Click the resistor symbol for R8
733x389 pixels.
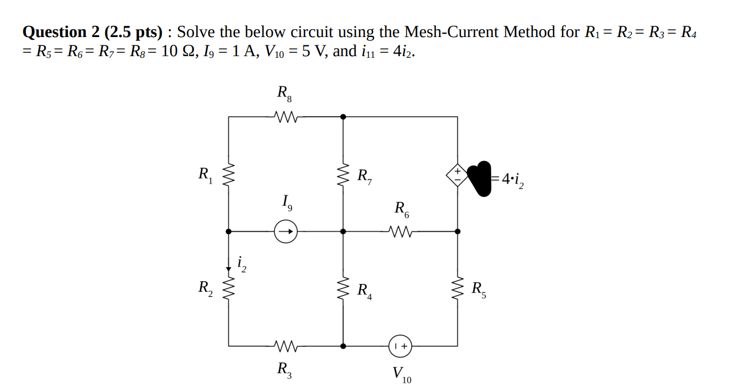click(286, 117)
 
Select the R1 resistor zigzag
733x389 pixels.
click(228, 176)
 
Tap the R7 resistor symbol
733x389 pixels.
click(343, 176)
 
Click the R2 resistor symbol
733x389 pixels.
click(228, 290)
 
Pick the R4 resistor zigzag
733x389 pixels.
click(343, 290)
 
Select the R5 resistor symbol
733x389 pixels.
click(458, 290)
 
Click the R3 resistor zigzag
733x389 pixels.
click(286, 346)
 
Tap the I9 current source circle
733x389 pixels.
click(285, 231)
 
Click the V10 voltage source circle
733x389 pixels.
click(401, 346)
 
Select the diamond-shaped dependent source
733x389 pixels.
click(457, 175)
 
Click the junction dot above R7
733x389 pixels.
click(343, 117)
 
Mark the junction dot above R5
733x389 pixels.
click(458, 231)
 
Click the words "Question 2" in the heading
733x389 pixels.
click(61, 32)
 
